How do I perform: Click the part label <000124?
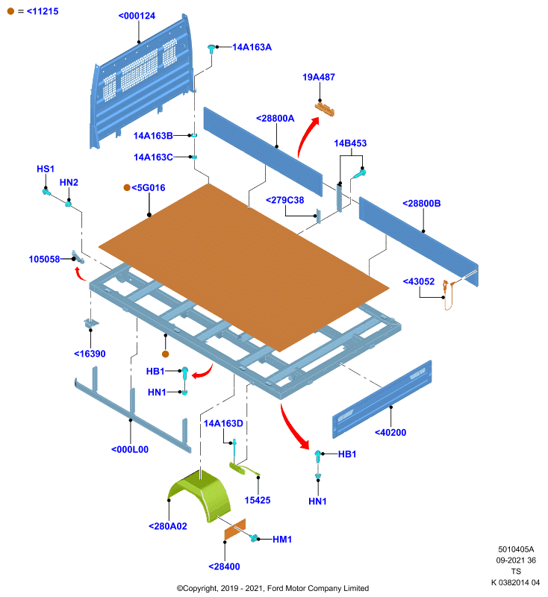[x=137, y=16]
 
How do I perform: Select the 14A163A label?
[x=252, y=47]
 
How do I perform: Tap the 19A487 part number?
[x=319, y=78]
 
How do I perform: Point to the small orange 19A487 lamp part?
[x=325, y=109]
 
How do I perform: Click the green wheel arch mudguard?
[x=200, y=495]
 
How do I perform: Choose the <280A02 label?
[x=168, y=526]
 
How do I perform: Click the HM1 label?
[x=282, y=540]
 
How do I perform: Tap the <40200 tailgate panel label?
[x=390, y=433]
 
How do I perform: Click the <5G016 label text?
[x=148, y=188]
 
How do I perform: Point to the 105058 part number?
[x=45, y=259]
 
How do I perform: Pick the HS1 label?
[x=46, y=169]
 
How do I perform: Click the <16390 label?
[x=90, y=354]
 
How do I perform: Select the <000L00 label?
[x=130, y=450]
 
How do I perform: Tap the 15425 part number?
[x=258, y=500]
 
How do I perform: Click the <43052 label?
[x=419, y=281]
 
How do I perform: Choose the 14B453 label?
[x=350, y=143]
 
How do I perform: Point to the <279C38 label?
[x=285, y=200]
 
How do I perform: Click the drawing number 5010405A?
[x=516, y=549]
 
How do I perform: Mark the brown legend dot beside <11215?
[x=10, y=11]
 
